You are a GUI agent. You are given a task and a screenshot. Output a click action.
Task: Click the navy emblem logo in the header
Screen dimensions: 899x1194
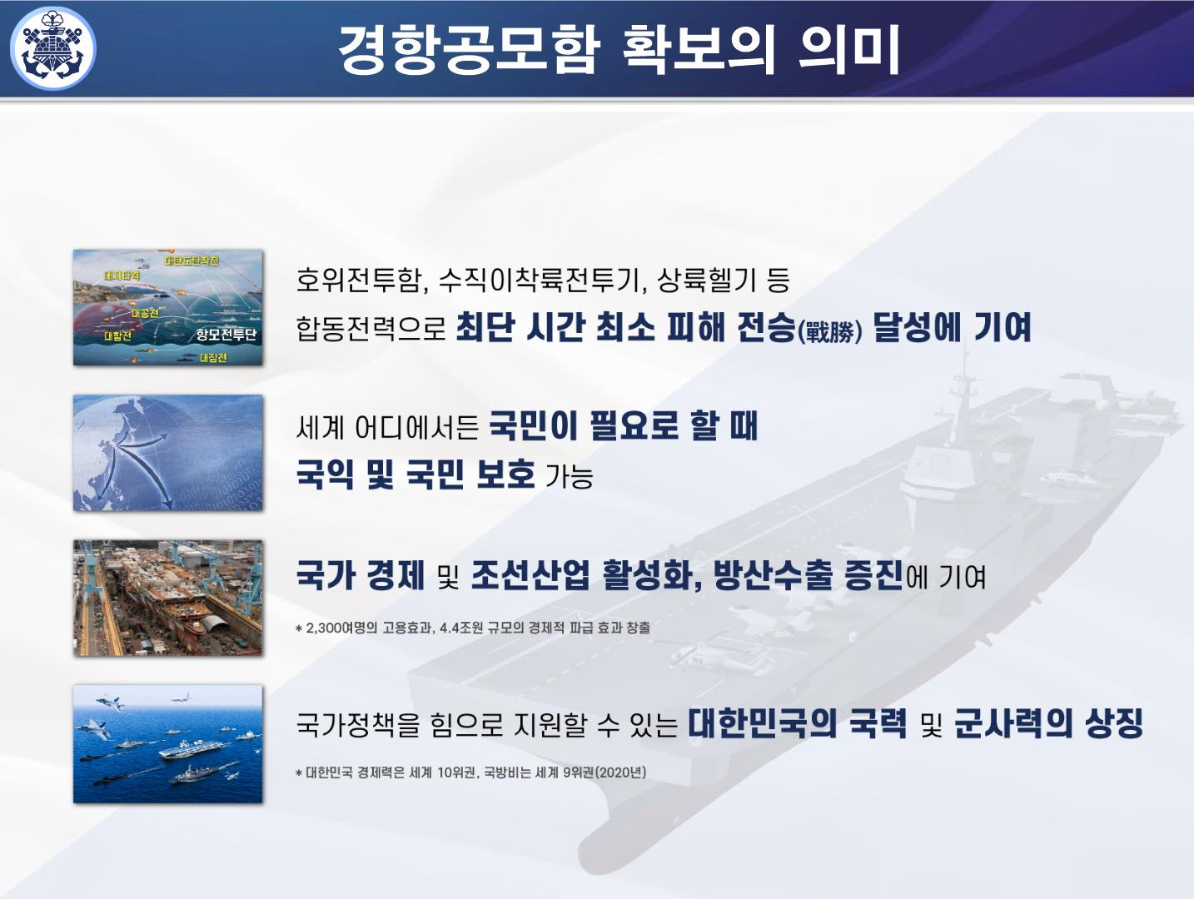[52, 47]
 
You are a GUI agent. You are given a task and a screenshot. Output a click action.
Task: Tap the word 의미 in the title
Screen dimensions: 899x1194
[849, 49]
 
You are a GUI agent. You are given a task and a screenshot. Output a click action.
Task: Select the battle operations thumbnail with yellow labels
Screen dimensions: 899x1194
[168, 307]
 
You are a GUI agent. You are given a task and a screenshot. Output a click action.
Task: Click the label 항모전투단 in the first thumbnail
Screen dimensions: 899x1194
[226, 335]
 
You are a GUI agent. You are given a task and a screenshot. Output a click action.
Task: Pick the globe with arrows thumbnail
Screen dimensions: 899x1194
[168, 453]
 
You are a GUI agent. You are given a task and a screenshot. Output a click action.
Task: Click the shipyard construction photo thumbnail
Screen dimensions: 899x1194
[168, 598]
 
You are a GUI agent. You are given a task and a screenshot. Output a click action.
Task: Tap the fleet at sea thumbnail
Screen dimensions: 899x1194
[168, 744]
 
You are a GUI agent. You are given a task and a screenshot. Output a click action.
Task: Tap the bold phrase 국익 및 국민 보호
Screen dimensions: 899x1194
[415, 474]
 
